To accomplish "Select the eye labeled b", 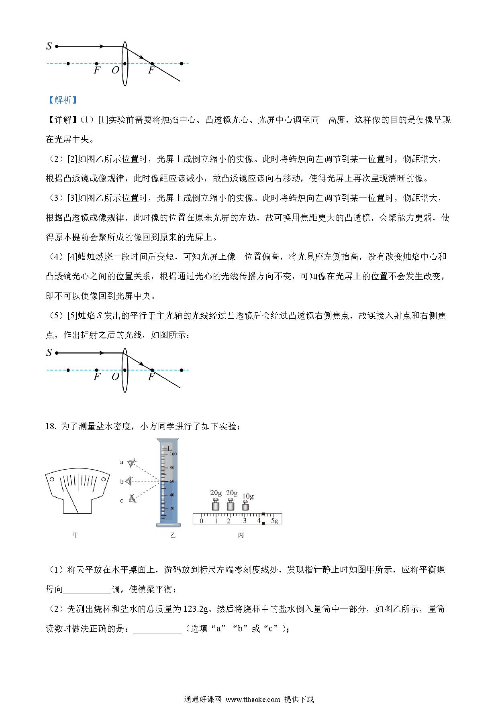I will point(129,481).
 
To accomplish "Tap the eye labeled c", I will point(132,499).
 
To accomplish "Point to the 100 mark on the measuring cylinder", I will point(173,454).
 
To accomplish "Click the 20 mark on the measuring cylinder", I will point(172,509).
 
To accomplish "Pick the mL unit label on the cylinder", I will point(167,448).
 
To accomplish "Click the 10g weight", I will point(245,505).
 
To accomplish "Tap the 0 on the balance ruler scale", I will point(201,521).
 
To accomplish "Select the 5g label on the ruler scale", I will point(275,521).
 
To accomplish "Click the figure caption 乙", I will point(173,535).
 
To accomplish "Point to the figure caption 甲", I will point(75,535).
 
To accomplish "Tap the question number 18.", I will point(51,426).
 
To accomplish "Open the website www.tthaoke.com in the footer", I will point(253,699).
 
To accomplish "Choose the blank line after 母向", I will point(87,589).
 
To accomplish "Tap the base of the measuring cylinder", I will point(169,524).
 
